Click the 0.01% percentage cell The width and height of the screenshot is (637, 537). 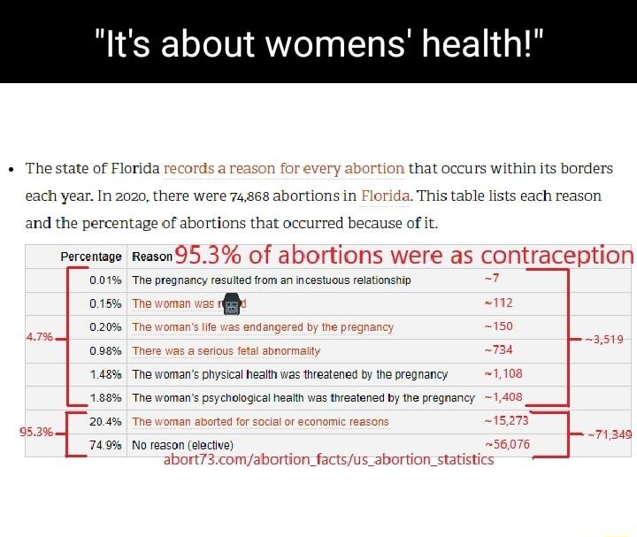[x=105, y=280]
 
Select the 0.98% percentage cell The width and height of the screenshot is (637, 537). [x=105, y=350]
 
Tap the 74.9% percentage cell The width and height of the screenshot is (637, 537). [x=105, y=445]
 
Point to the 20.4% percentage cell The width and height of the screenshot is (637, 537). [x=105, y=421]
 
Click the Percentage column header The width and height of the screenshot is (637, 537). [x=91, y=257]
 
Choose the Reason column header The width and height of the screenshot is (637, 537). [x=151, y=257]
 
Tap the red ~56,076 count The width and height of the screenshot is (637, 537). [x=507, y=445]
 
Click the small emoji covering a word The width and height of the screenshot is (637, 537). [x=233, y=304]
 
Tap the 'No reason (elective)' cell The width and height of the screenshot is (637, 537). [x=182, y=445]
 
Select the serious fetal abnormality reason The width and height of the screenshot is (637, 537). [x=226, y=351]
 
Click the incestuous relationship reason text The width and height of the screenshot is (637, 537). [x=271, y=280]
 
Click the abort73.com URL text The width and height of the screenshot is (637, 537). [x=328, y=460]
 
